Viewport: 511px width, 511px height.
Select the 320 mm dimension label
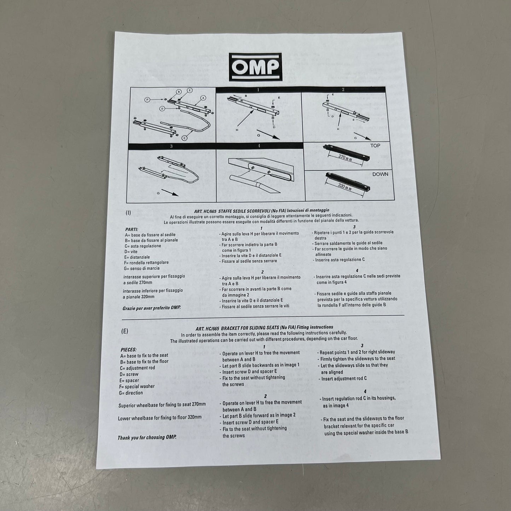(344, 186)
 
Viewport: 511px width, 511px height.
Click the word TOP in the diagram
(375, 146)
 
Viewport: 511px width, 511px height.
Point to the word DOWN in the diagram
(380, 174)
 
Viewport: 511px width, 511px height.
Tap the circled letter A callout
(203, 97)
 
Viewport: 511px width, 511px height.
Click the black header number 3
(172, 146)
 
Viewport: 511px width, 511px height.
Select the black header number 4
(259, 146)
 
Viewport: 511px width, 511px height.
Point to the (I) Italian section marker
(128, 213)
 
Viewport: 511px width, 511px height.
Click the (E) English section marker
(124, 331)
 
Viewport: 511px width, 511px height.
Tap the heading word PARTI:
(132, 229)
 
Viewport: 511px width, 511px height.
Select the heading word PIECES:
(128, 349)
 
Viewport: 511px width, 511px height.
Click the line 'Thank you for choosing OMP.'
(147, 437)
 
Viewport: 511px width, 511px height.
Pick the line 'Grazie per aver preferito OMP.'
(151, 308)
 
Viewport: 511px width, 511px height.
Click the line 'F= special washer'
(137, 387)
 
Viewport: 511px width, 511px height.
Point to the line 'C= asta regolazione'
(143, 246)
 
